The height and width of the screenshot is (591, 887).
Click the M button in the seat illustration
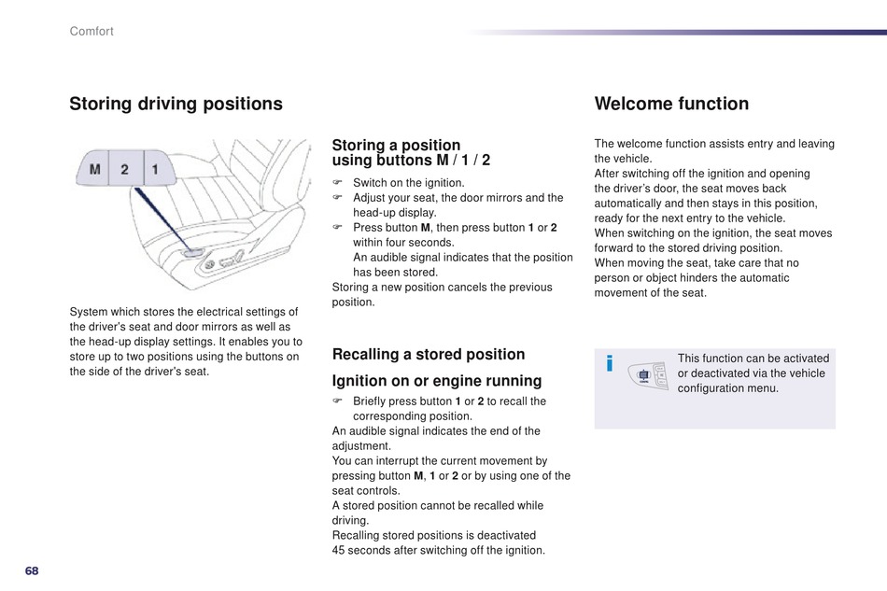tap(94, 170)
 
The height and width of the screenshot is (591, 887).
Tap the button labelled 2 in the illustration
tap(125, 170)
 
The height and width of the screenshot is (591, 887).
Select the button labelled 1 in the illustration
tap(155, 170)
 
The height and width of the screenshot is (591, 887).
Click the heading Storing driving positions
tap(176, 104)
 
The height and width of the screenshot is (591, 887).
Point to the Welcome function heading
tap(671, 104)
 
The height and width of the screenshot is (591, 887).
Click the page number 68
tap(33, 570)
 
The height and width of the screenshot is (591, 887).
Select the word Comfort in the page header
tap(92, 32)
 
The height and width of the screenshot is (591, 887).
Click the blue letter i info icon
tap(610, 363)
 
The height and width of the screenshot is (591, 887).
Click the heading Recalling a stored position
tap(429, 354)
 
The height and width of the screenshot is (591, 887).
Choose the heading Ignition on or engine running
tap(437, 381)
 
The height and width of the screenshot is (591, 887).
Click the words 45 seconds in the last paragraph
tap(360, 550)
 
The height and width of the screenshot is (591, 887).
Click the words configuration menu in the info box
tap(727, 387)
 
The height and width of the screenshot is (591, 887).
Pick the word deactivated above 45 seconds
tap(504, 535)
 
